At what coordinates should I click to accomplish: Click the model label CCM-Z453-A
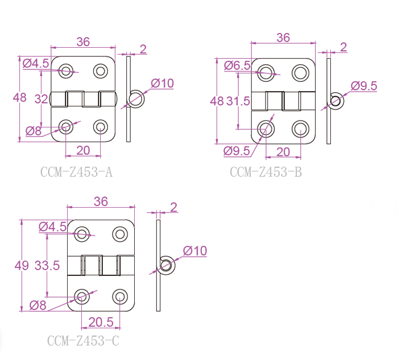pyautogui.click(x=77, y=171)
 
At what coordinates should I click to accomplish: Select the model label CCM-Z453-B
pyautogui.click(x=266, y=171)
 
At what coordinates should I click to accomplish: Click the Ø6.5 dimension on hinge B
pyautogui.click(x=237, y=65)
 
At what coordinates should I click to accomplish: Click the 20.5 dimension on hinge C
pyautogui.click(x=100, y=323)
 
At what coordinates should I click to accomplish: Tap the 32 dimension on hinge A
pyautogui.click(x=41, y=98)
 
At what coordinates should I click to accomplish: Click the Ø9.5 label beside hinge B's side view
pyautogui.click(x=364, y=86)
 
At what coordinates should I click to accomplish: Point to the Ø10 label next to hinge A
pyautogui.click(x=162, y=83)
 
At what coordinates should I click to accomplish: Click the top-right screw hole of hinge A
pyautogui.click(x=101, y=71)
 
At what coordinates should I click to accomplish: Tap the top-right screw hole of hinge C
pyautogui.click(x=119, y=233)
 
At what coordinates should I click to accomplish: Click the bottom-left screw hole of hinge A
pyautogui.click(x=67, y=126)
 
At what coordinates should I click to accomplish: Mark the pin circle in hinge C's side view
pyautogui.click(x=165, y=264)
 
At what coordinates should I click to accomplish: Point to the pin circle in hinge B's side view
pyautogui.click(x=335, y=101)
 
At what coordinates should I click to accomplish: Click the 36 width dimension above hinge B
pyautogui.click(x=283, y=38)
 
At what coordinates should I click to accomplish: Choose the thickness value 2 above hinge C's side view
pyautogui.click(x=173, y=207)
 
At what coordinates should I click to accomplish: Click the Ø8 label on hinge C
pyautogui.click(x=37, y=305)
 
